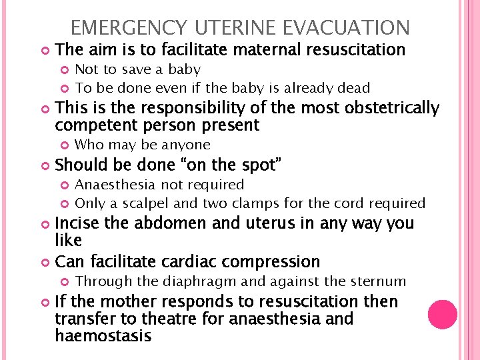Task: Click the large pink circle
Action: tap(442, 315)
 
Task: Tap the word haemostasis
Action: tap(103, 336)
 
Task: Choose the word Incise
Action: tap(78, 223)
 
